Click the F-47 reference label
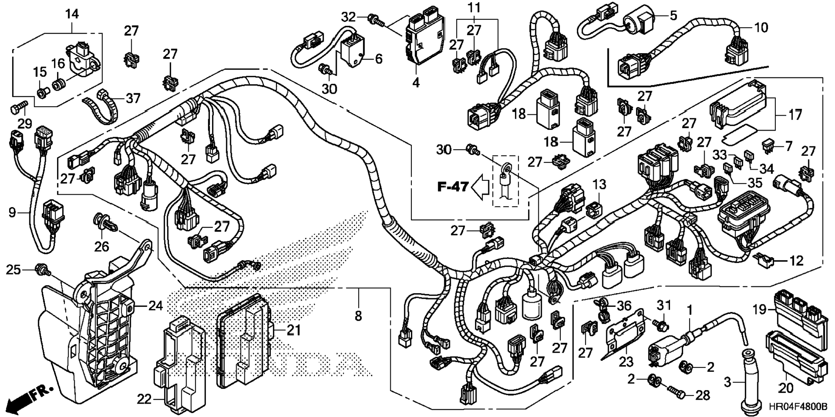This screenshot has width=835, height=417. [x=452, y=187]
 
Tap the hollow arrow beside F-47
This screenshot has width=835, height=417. [x=480, y=187]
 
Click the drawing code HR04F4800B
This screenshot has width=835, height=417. [x=798, y=407]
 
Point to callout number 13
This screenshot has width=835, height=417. [x=600, y=184]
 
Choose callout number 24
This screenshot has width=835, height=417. [x=155, y=306]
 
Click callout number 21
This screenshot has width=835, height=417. [x=294, y=330]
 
